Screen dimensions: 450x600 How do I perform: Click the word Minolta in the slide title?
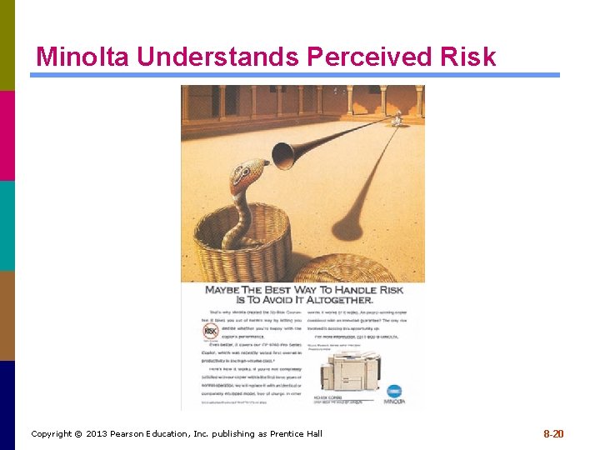pos(83,57)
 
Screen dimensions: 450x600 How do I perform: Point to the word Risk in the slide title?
pos(466,57)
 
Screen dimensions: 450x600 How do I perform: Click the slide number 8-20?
pos(553,434)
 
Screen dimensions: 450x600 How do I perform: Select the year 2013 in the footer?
pos(97,434)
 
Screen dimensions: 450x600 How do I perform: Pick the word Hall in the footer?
pos(312,434)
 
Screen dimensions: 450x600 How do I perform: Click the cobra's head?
pos(246,176)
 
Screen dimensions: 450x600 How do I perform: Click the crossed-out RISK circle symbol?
pos(211,332)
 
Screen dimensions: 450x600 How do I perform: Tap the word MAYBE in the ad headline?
pos(222,290)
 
